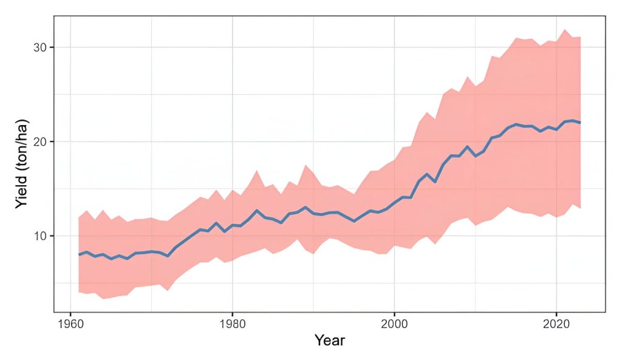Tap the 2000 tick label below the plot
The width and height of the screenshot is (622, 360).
395,322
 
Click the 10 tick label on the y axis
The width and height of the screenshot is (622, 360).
38,236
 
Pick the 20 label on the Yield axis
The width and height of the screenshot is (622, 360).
38,141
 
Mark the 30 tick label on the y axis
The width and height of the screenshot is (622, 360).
38,47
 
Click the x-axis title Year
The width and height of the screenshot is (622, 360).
330,341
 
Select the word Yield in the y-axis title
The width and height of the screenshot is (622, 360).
21,191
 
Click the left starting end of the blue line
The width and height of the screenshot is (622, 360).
79,254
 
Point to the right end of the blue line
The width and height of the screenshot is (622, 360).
581,123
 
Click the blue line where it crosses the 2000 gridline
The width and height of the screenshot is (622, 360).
395,203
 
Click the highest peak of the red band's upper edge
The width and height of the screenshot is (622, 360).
564,29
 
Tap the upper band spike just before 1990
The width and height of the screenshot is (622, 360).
306,165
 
